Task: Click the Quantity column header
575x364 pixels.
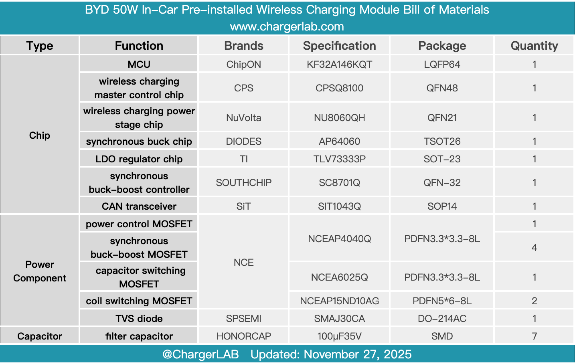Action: point(534,46)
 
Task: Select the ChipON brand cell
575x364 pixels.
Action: point(243,65)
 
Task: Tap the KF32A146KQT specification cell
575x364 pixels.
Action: point(339,65)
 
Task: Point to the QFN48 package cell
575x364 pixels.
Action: point(442,88)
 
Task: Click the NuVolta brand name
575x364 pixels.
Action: point(243,118)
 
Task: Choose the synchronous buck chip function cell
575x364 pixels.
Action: point(139,142)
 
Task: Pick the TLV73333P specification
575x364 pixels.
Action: point(339,159)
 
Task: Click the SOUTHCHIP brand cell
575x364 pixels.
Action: point(243,183)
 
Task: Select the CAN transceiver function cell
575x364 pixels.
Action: point(139,206)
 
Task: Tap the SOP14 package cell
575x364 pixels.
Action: point(442,206)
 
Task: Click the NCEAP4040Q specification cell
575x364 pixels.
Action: point(339,239)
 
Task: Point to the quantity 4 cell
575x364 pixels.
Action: point(534,248)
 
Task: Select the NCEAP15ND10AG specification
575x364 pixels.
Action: point(339,301)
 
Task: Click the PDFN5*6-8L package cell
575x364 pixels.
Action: point(442,301)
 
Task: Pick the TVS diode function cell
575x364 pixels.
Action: point(139,319)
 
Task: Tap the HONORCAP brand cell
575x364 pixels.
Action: point(243,336)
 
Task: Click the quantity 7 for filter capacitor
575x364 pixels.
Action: point(534,336)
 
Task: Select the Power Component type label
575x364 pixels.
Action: point(39,271)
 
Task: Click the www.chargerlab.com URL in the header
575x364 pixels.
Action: point(287,27)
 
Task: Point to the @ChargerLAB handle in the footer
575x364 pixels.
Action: point(200,354)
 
